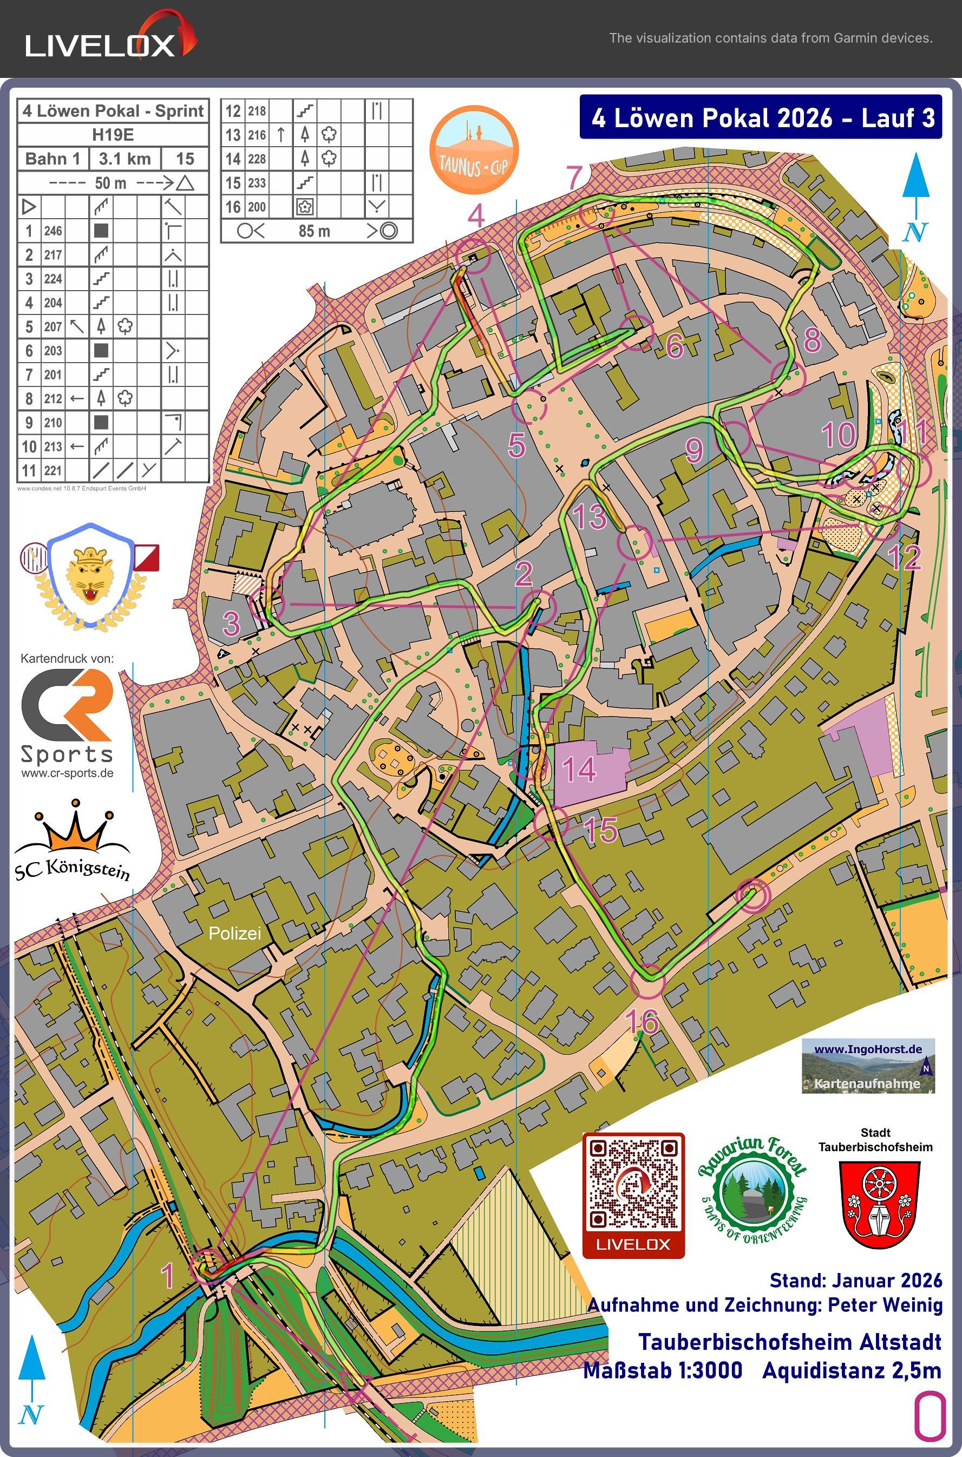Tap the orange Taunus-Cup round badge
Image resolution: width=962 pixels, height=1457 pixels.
474,150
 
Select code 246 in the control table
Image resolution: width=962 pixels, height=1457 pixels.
53,231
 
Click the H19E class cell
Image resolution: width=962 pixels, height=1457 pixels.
113,134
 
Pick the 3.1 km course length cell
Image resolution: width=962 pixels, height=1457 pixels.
125,159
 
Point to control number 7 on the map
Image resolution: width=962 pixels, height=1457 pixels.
574,178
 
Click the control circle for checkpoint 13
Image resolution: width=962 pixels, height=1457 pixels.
634,543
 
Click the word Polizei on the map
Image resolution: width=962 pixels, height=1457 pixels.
234,933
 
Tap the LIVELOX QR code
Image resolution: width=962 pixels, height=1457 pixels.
633,1195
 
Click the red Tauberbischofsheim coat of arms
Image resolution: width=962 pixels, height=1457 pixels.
878,1206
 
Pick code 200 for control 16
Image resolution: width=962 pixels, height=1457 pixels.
257,207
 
